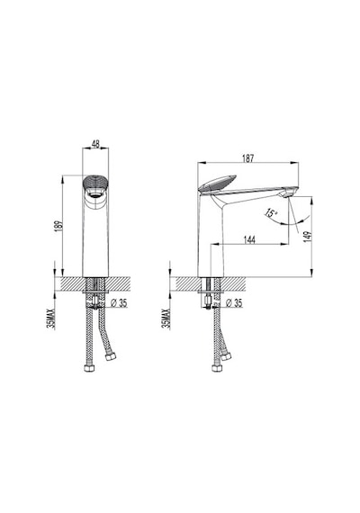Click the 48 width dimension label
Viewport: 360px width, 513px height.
click(x=95, y=144)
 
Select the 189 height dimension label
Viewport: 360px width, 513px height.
click(x=59, y=227)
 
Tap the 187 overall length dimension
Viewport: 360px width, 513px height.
click(x=248, y=158)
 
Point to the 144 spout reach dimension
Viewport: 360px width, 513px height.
click(x=249, y=239)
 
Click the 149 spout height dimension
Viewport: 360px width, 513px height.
click(x=308, y=236)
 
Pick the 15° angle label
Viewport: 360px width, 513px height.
click(x=271, y=213)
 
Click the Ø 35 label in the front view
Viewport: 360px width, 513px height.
click(x=119, y=303)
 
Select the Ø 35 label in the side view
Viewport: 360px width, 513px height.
click(x=234, y=303)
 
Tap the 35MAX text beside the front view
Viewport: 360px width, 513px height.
click(x=51, y=319)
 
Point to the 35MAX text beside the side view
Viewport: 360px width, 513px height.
click(x=166, y=319)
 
